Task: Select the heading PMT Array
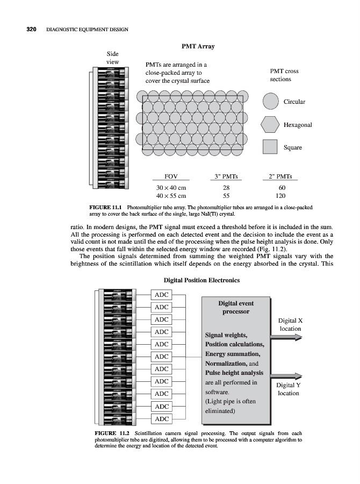198,47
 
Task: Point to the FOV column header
171,176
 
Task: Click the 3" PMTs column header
226,176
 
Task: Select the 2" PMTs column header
280,176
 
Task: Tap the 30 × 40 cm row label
171,187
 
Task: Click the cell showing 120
280,196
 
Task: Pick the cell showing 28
226,187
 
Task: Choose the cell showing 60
280,187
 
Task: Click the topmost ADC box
161,295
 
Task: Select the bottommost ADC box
161,419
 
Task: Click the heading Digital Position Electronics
201,280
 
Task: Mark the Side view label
112,58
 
